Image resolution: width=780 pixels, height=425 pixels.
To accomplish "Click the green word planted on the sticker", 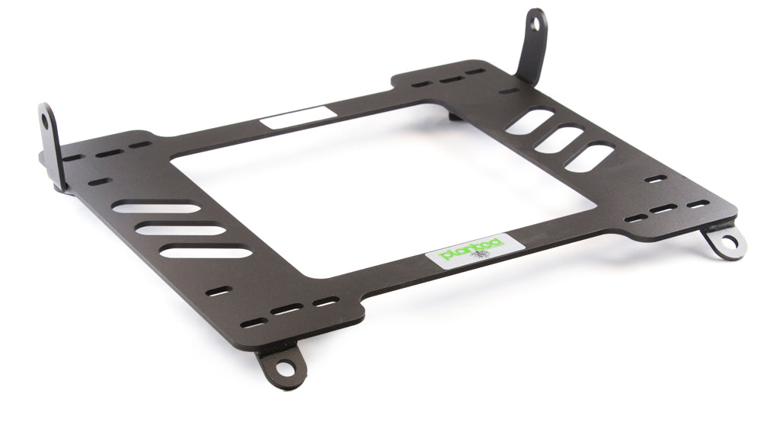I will click(471, 249).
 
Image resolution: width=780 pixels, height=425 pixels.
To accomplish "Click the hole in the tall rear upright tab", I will click(538, 24).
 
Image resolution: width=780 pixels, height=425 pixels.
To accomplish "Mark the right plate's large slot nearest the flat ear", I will click(590, 158).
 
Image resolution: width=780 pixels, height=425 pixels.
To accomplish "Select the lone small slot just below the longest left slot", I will click(220, 290).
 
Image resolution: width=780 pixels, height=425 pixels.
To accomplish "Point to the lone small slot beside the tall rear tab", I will click(509, 91).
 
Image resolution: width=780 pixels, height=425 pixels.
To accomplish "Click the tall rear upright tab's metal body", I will click(530, 53).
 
